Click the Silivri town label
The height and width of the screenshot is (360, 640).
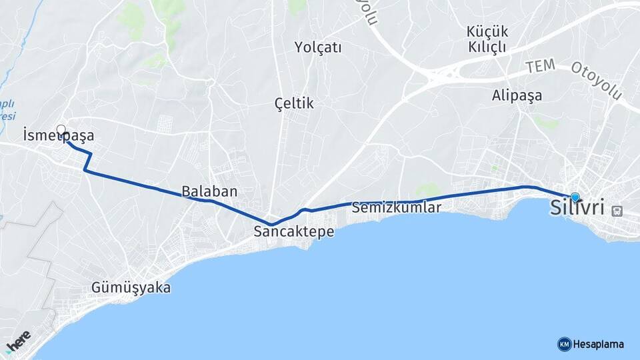(x=577, y=207)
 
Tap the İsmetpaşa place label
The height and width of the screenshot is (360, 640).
(x=58, y=135)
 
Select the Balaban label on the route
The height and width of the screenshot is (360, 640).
(x=209, y=191)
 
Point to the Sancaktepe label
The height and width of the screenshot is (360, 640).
(x=293, y=231)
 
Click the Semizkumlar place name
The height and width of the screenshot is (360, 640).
(x=397, y=207)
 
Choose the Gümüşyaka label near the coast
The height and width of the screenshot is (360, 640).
(x=131, y=288)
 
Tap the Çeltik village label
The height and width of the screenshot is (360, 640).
(x=294, y=103)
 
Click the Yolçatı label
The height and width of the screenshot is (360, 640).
(x=318, y=47)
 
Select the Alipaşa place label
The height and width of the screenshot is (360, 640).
(x=517, y=95)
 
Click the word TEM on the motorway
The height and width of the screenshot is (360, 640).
(x=540, y=66)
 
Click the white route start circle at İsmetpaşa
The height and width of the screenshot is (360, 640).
(x=61, y=130)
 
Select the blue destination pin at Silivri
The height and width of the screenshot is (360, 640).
(x=575, y=197)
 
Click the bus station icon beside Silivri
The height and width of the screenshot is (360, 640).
(x=618, y=211)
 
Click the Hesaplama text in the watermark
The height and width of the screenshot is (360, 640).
(x=599, y=344)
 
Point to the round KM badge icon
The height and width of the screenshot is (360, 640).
(x=564, y=344)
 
